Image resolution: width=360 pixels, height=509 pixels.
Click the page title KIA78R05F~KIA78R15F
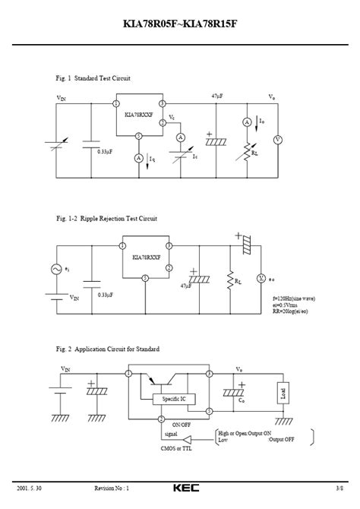click(x=179, y=24)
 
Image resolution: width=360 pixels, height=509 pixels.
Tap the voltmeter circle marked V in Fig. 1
click(x=277, y=140)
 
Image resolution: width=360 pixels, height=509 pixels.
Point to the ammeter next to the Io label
click(x=247, y=122)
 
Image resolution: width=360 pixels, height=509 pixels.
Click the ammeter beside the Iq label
click(x=139, y=158)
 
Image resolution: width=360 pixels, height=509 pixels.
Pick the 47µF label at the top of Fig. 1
click(x=218, y=96)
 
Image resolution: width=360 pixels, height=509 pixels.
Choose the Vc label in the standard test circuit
click(x=172, y=117)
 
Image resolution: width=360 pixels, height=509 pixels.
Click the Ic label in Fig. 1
click(x=194, y=156)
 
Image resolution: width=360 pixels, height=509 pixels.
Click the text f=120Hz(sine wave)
click(x=294, y=299)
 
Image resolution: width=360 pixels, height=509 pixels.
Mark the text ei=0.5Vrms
click(x=286, y=305)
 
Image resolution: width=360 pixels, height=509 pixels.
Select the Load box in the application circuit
click(x=283, y=394)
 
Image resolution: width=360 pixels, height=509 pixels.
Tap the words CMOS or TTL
click(x=179, y=448)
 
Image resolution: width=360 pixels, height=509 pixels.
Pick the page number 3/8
click(x=339, y=488)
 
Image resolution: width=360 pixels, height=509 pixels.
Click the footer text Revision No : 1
click(x=112, y=488)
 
